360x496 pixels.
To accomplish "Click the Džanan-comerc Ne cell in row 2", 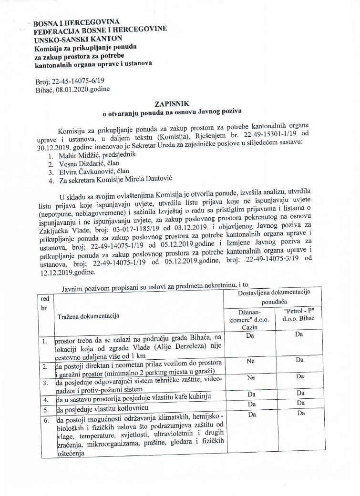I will [249, 361].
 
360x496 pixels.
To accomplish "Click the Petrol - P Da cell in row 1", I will [299, 334].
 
